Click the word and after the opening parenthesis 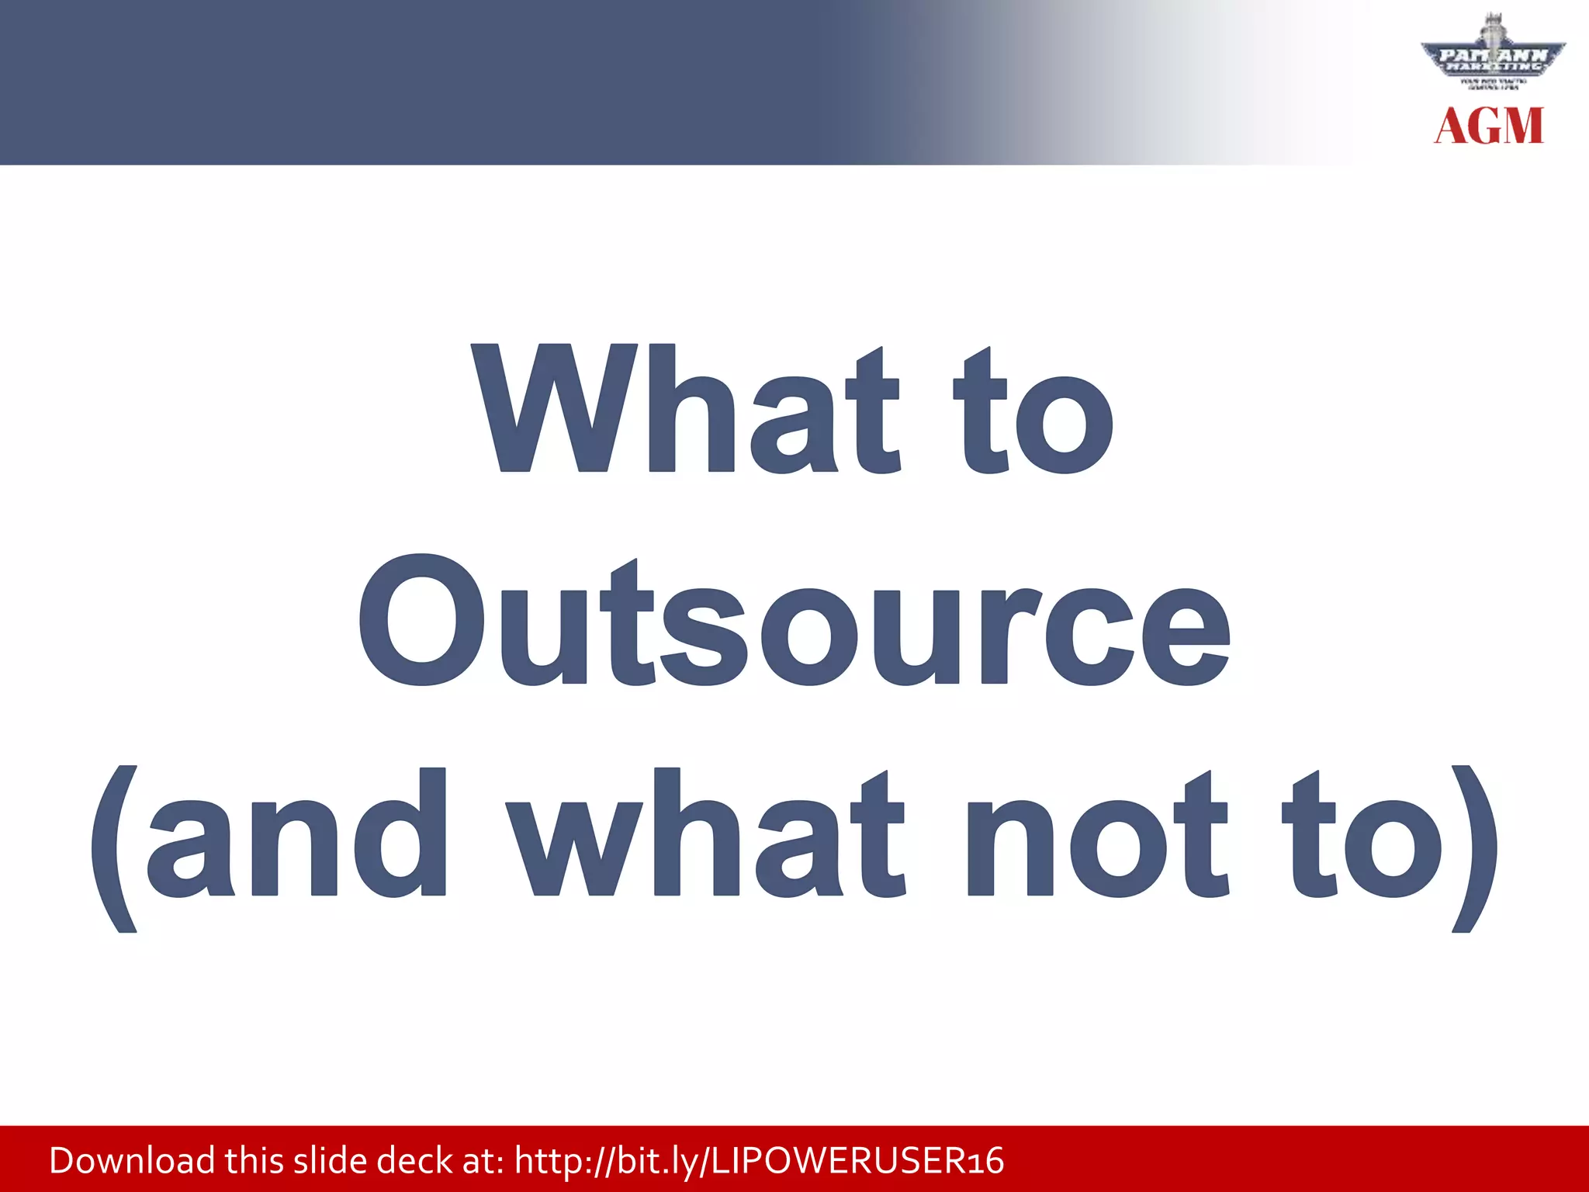[296, 833]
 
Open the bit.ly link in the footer [759, 1161]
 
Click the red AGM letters [1489, 126]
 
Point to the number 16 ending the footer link [986, 1162]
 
